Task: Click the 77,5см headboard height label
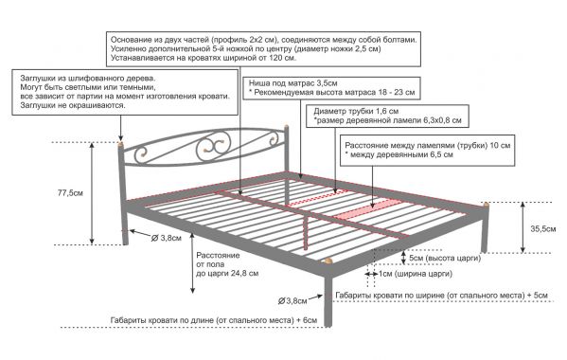70,193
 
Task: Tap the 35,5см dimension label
543,228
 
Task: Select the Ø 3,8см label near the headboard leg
166,238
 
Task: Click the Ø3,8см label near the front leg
292,300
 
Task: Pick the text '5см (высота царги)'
445,259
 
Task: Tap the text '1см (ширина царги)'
416,274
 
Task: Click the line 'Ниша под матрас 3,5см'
292,83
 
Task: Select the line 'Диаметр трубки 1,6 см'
356,111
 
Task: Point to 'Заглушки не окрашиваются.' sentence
73,106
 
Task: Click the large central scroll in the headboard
213,147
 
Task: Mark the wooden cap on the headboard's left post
120,145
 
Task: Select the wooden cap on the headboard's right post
287,127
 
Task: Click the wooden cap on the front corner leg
328,261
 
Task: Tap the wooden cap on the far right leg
486,206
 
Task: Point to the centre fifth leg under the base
307,231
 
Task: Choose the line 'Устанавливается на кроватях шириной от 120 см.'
204,58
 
